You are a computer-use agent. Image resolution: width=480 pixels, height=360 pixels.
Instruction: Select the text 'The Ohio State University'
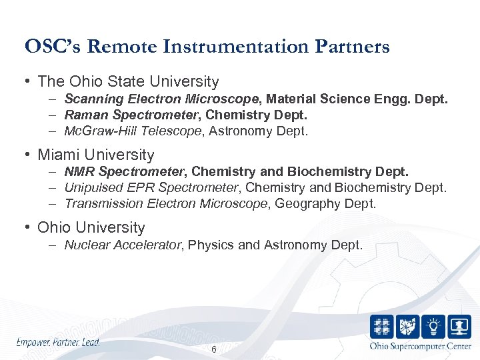128,82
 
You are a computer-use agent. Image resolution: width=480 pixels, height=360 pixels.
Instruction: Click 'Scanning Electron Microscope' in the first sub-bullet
164,99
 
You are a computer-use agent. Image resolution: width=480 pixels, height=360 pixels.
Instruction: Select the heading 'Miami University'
95,155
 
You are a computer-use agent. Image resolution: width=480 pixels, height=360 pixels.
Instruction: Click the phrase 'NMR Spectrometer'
125,172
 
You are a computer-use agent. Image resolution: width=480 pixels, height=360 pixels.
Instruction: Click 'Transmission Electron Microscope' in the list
165,204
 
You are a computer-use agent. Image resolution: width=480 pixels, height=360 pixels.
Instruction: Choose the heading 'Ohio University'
91,227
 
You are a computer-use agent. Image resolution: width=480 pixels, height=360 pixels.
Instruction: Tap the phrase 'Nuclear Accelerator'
123,245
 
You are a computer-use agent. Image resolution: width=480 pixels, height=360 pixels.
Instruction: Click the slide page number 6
213,350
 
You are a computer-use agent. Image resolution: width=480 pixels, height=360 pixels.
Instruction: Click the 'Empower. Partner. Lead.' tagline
58,342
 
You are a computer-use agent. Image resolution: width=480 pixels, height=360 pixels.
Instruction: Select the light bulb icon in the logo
433,327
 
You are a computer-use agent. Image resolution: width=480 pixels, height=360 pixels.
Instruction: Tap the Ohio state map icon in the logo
407,327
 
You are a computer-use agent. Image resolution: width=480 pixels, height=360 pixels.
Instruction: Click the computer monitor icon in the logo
459,327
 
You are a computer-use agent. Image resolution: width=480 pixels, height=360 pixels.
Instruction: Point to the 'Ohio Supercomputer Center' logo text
420,346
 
